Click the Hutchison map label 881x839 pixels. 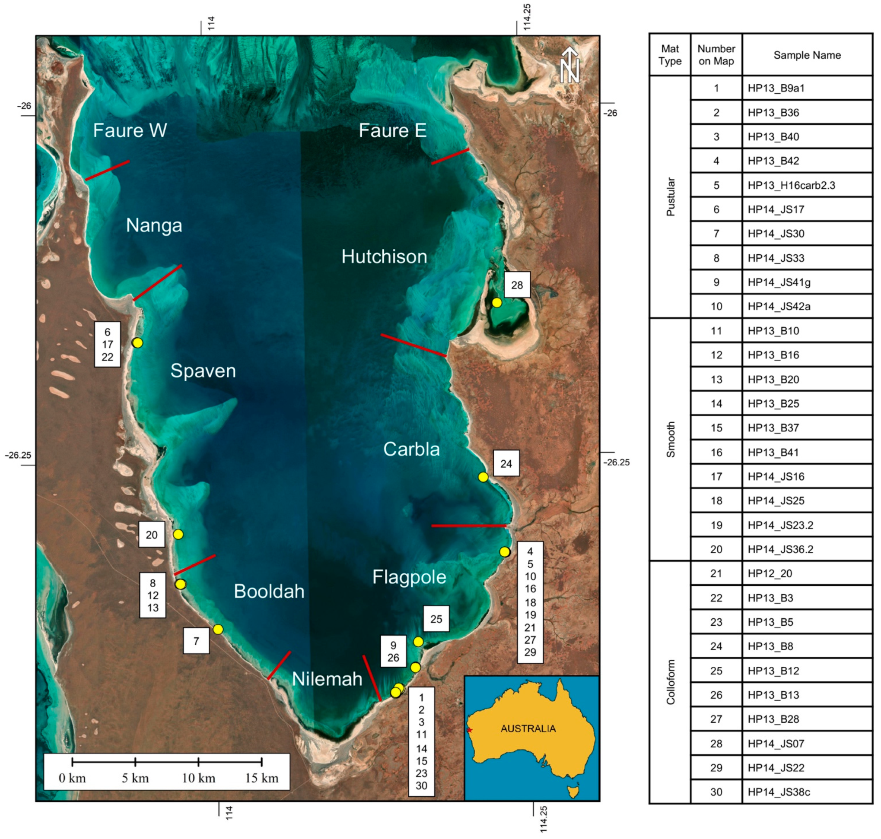pyautogui.click(x=384, y=256)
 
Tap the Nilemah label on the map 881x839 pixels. pyautogui.click(x=327, y=679)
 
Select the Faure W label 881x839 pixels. pyautogui.click(x=130, y=130)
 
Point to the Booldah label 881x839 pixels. pyautogui.click(x=269, y=591)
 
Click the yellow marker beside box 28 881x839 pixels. pyautogui.click(x=496, y=303)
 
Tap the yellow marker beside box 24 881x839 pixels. pyautogui.click(x=483, y=477)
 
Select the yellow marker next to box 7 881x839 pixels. pyautogui.click(x=218, y=629)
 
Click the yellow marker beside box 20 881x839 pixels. pyautogui.click(x=178, y=534)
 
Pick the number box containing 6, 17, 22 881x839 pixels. pyautogui.click(x=108, y=345)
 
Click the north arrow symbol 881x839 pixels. pyautogui.click(x=569, y=66)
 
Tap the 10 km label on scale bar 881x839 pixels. pyautogui.click(x=198, y=778)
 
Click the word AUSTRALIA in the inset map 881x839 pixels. pyautogui.click(x=528, y=728)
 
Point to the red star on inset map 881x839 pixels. pyautogui.click(x=469, y=730)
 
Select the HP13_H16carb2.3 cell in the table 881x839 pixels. pyautogui.click(x=791, y=185)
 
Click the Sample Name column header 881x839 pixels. pyautogui.click(x=807, y=55)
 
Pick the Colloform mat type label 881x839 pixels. pyautogui.click(x=670, y=681)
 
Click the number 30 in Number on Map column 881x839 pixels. pyautogui.click(x=716, y=792)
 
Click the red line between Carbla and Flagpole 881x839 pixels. pyautogui.click(x=468, y=526)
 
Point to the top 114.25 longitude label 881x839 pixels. pyautogui.click(x=527, y=17)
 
